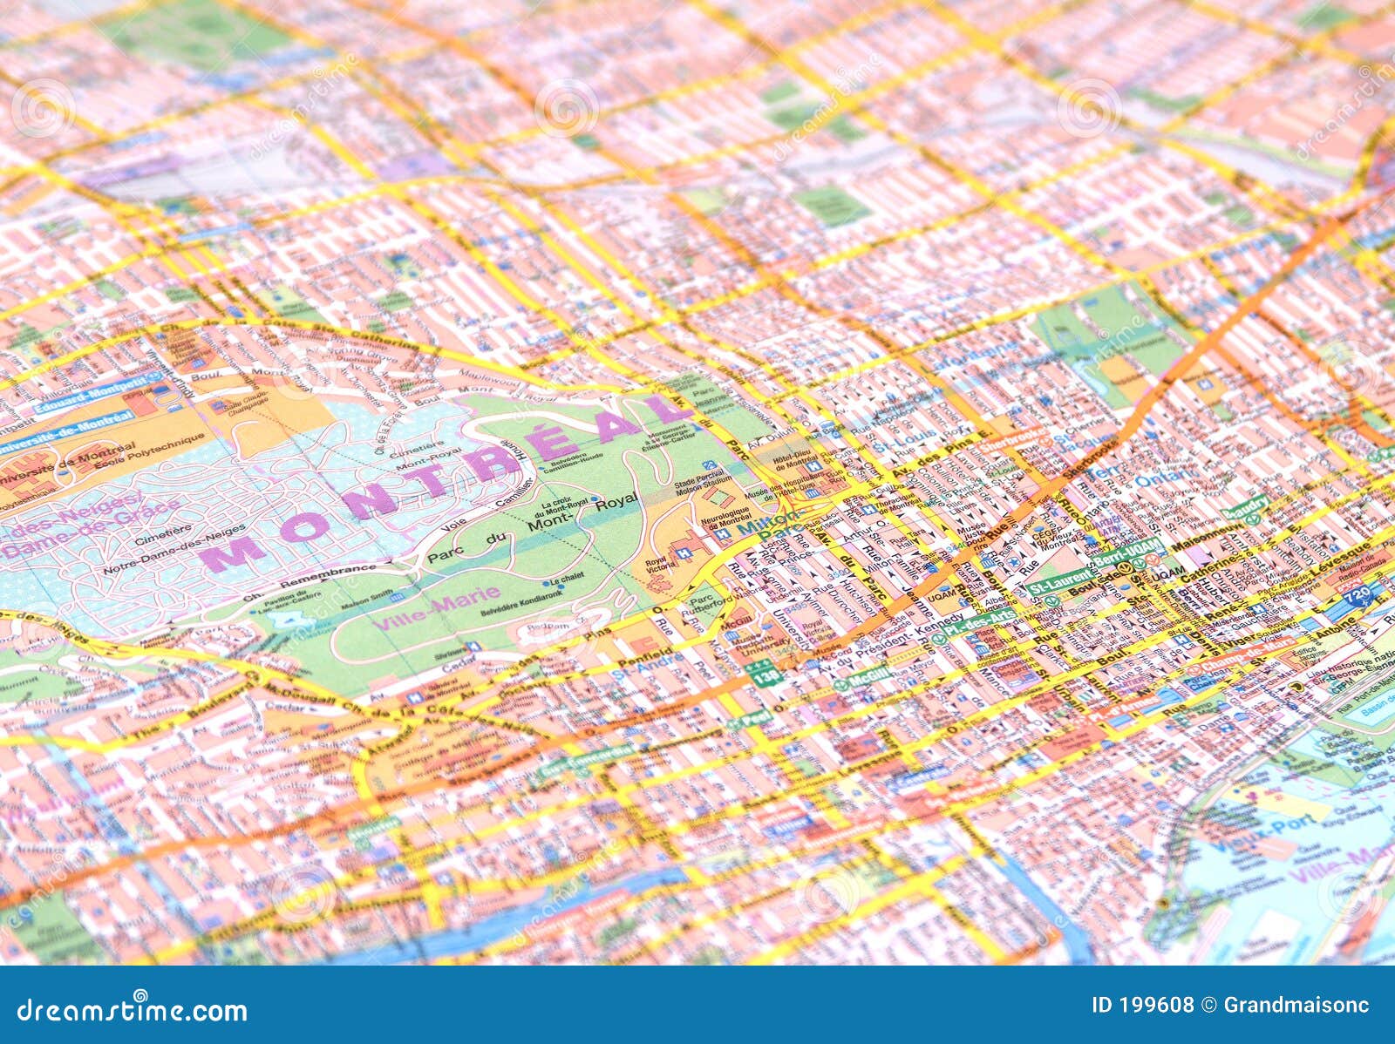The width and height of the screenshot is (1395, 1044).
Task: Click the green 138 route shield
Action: (766, 676)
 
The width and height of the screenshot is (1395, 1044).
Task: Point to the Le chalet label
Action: (565, 580)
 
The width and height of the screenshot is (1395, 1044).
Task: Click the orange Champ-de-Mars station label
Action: (1253, 653)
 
